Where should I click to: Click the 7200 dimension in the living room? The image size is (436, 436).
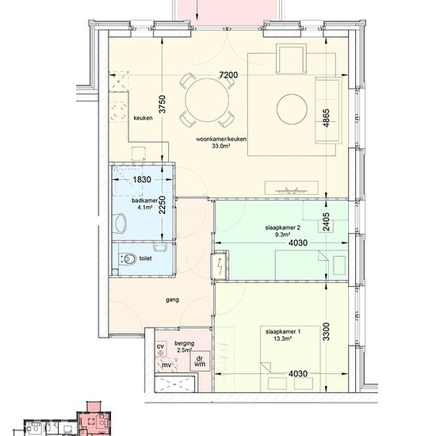(x=228, y=75)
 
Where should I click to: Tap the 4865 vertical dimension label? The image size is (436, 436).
(x=326, y=118)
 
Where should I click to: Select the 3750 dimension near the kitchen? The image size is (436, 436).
(x=162, y=105)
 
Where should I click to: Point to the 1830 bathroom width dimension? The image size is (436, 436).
(x=142, y=180)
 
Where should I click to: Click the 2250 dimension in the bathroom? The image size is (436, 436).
(x=162, y=205)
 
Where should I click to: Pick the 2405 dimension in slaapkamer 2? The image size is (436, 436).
(x=326, y=222)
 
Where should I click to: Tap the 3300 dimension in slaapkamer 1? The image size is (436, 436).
(x=326, y=331)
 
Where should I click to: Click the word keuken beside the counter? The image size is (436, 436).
(x=143, y=118)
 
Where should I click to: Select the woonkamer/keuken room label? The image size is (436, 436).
(x=221, y=140)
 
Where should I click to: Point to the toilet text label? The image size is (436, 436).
(x=145, y=258)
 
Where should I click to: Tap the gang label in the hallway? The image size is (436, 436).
(x=172, y=300)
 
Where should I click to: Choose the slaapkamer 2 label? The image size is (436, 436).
(x=283, y=228)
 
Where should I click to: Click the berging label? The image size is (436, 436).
(x=185, y=344)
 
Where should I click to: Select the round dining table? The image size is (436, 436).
(x=207, y=100)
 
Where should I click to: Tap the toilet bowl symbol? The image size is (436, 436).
(x=128, y=259)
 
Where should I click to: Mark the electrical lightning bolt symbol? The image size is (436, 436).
(x=220, y=266)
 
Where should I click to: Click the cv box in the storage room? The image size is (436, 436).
(x=160, y=350)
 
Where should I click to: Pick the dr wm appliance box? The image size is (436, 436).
(x=200, y=361)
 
